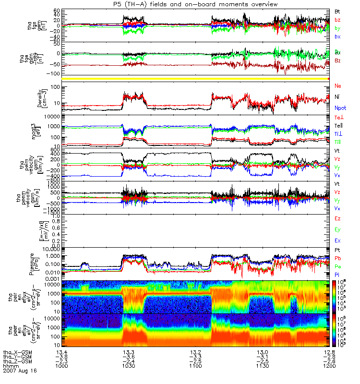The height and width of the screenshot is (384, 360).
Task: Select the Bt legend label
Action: (337, 11)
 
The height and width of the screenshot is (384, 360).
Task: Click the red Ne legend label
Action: (337, 85)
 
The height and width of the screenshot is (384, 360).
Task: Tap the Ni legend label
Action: (337, 97)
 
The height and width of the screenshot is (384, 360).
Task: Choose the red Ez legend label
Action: (337, 218)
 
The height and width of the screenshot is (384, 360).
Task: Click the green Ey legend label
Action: (337, 230)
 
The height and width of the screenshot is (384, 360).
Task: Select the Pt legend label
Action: (337, 251)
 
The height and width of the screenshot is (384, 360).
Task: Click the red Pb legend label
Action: (337, 258)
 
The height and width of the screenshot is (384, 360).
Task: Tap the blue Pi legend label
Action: (337, 274)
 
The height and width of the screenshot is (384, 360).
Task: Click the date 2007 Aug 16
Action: (19, 371)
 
